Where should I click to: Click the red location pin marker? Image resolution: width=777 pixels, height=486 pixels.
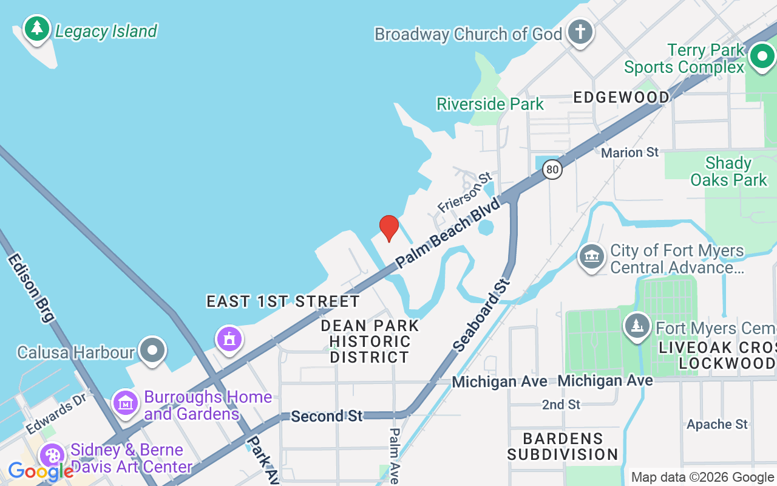[388, 228]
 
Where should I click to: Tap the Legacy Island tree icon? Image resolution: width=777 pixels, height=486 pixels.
[37, 29]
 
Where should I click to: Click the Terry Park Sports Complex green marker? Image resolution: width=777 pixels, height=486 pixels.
[761, 57]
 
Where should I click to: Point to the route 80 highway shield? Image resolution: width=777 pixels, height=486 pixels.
[552, 169]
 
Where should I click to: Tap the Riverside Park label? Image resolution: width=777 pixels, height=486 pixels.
[490, 104]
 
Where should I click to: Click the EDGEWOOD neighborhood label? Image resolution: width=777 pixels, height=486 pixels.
[621, 97]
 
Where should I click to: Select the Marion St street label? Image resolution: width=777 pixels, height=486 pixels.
[629, 152]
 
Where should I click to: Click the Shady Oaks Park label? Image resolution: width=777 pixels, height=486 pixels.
[728, 171]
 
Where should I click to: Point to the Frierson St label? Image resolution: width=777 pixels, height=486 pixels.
[464, 192]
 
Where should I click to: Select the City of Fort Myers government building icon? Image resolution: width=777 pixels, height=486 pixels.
[591, 258]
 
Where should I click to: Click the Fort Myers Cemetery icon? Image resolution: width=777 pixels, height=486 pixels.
[637, 327]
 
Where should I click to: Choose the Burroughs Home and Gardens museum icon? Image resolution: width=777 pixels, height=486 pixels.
[126, 403]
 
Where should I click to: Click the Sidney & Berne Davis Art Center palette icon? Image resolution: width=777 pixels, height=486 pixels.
[52, 456]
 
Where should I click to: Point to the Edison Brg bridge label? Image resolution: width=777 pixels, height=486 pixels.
[31, 287]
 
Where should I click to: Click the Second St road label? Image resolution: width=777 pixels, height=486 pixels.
[327, 416]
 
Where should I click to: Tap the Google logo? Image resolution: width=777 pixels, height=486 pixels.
[41, 471]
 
